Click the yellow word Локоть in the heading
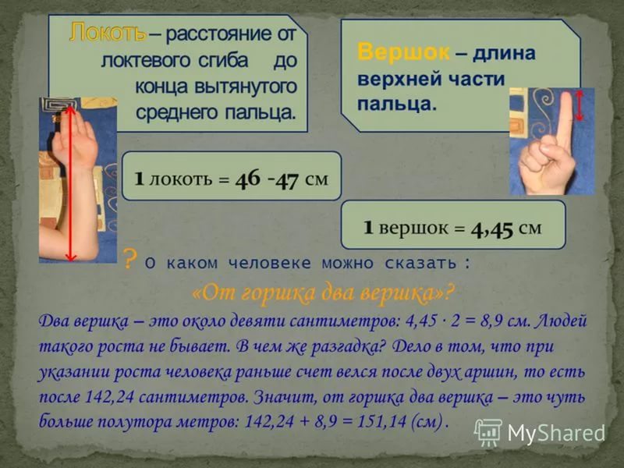[108, 33]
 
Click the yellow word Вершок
[403, 51]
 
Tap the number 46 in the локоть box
[247, 179]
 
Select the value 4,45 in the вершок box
[492, 229]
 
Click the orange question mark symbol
[128, 258]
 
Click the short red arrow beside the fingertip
[580, 105]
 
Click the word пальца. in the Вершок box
[397, 105]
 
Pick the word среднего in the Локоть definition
[177, 112]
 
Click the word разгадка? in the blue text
[349, 346]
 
